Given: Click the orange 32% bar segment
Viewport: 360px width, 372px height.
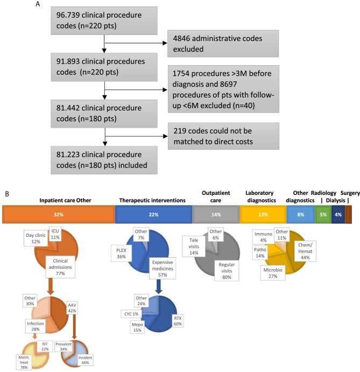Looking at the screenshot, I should click(59, 214).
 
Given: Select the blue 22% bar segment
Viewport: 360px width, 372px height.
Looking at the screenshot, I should click(153, 214).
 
